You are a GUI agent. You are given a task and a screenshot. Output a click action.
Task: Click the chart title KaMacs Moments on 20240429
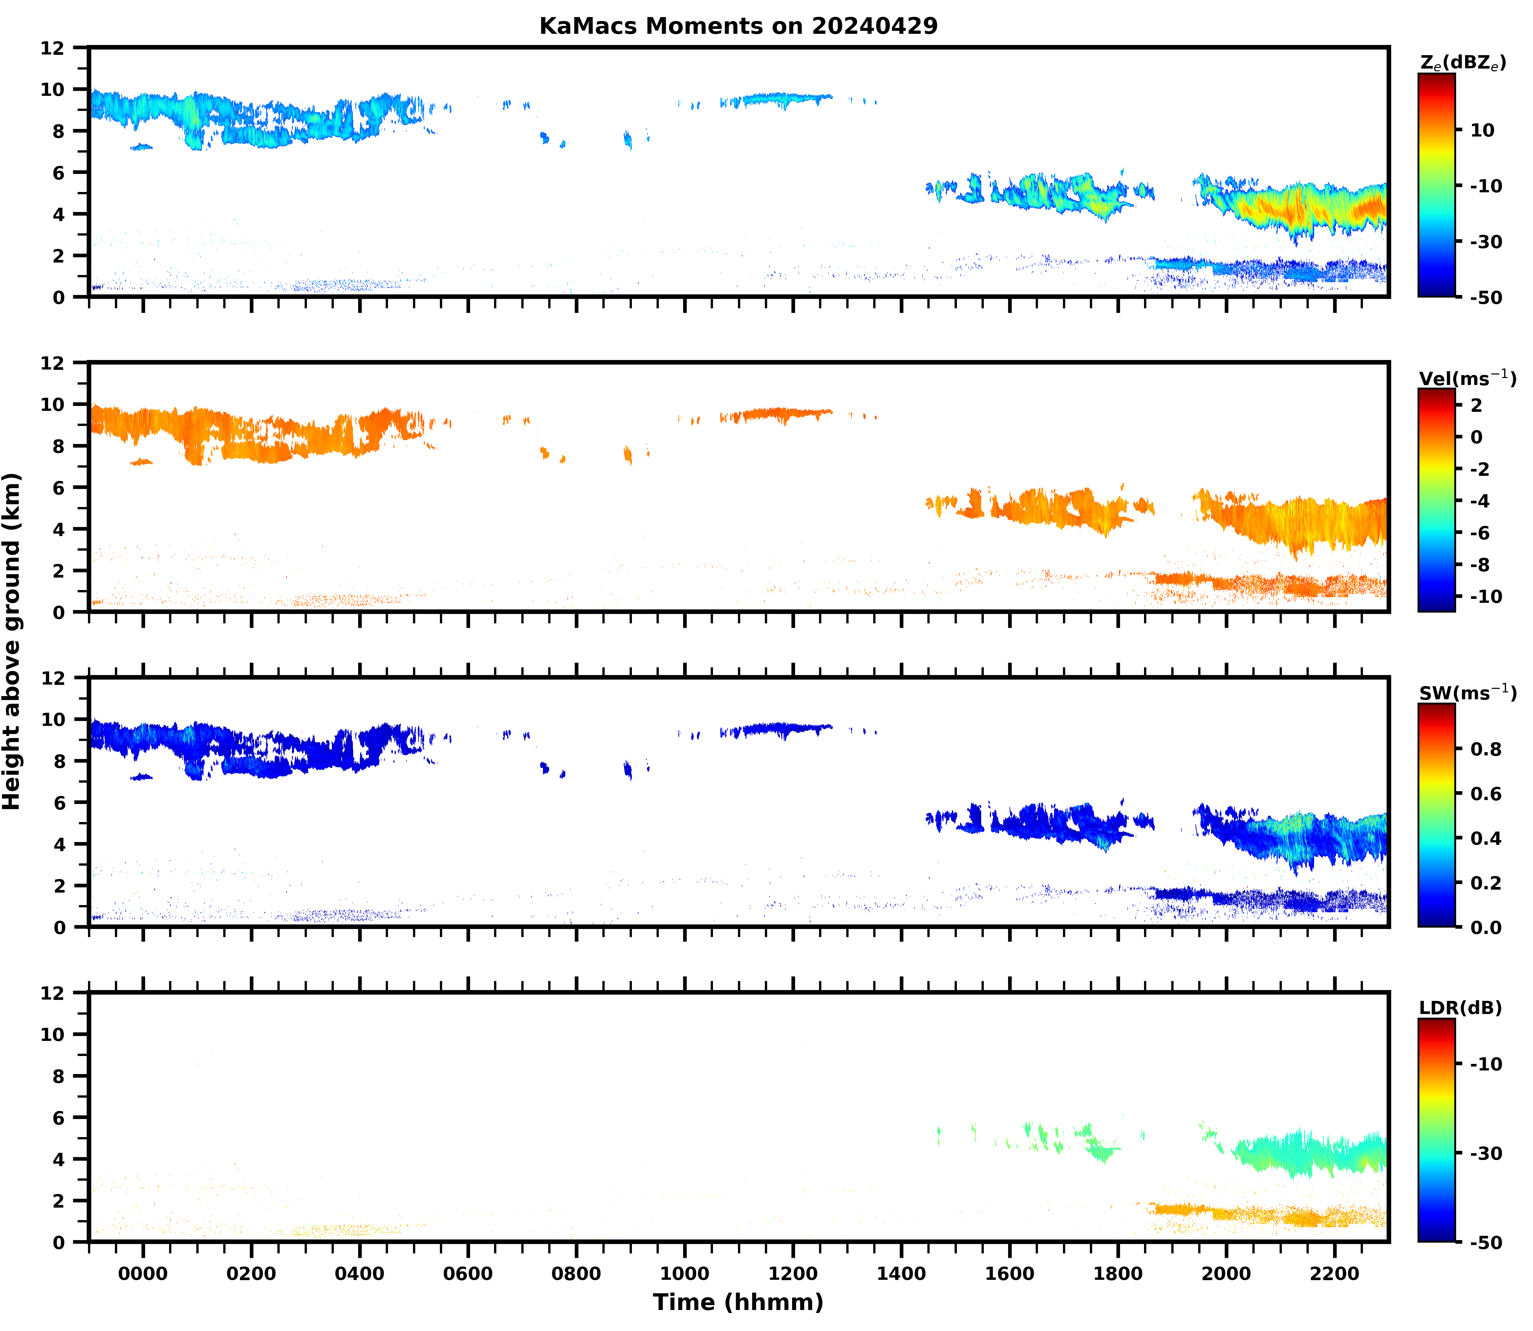point(738,26)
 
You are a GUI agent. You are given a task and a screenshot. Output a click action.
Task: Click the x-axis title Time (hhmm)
point(738,1302)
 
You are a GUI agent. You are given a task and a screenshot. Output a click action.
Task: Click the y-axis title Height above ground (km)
point(12,641)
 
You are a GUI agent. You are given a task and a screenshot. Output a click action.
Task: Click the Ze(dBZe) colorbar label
point(1462,63)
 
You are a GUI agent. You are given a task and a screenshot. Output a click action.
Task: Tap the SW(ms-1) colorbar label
point(1467,693)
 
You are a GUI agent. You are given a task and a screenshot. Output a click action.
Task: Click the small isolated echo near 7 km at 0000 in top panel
point(141,147)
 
